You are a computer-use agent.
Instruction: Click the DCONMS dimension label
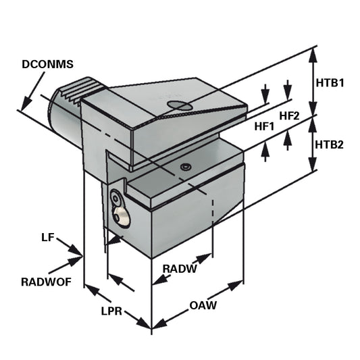click(x=47, y=65)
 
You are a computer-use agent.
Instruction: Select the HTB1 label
click(x=330, y=83)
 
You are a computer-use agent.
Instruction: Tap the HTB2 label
click(x=330, y=145)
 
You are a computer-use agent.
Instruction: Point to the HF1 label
click(x=265, y=126)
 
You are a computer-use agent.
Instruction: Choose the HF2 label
click(x=289, y=116)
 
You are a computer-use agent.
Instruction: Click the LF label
click(x=47, y=238)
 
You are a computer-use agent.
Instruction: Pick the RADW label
click(x=180, y=269)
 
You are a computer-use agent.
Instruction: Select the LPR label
click(x=111, y=311)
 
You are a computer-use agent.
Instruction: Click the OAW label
click(x=203, y=306)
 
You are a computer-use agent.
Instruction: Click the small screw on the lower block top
click(x=186, y=166)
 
